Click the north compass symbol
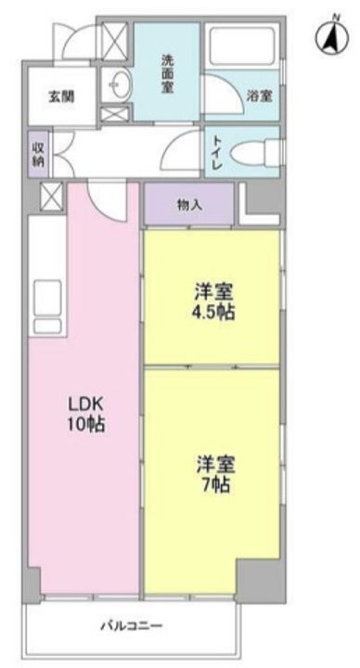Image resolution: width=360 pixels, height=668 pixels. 332,36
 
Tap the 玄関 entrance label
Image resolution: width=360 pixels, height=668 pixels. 61,96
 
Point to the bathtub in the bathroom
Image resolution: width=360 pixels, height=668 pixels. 242,46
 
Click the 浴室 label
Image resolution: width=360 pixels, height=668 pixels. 260,96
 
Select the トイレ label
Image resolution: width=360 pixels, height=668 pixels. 216,151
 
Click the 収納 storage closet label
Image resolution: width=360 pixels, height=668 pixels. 37,153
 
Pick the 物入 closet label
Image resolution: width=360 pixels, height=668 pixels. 189,205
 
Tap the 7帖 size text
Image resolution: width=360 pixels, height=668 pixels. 216,485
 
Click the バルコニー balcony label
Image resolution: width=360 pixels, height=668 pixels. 131,626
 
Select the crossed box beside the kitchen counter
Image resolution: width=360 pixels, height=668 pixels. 51,197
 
